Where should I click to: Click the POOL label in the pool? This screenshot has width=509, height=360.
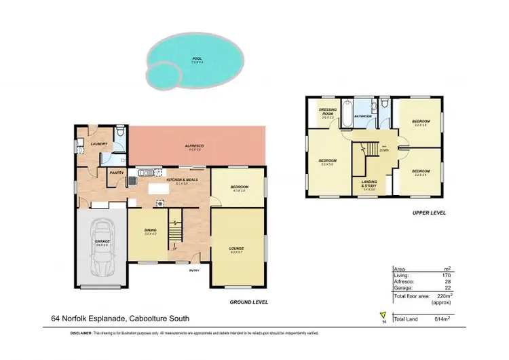pos(197,58)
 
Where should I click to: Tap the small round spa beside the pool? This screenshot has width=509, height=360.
pos(163,73)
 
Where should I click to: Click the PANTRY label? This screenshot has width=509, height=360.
pos(116,172)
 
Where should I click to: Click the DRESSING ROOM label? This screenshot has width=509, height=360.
pos(328,113)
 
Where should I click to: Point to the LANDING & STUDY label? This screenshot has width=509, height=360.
pos(369,185)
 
